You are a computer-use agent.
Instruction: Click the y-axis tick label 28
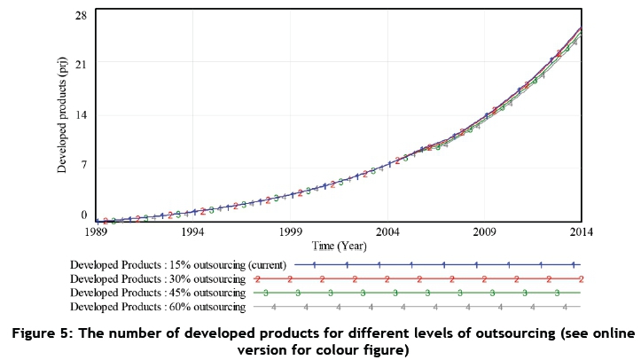(x=82, y=16)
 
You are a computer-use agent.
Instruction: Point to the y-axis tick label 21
(x=82, y=64)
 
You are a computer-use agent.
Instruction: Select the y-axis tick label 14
(x=82, y=114)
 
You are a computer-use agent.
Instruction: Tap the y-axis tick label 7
(x=84, y=165)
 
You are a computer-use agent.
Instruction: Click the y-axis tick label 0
(x=84, y=215)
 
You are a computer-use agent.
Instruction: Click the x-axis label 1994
(x=193, y=231)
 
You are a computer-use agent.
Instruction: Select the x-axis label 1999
(x=291, y=231)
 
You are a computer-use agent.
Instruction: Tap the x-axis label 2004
(x=387, y=231)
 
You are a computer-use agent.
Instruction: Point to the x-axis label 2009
(x=484, y=231)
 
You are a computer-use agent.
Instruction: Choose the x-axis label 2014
(x=582, y=231)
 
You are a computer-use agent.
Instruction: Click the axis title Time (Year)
(x=340, y=246)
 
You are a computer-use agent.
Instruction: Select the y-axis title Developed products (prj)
(x=62, y=114)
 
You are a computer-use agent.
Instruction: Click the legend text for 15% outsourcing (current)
(x=178, y=265)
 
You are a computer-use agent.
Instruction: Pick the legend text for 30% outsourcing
(x=158, y=279)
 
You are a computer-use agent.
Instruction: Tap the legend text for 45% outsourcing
(x=158, y=293)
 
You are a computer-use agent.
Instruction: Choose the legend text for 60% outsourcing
(x=158, y=307)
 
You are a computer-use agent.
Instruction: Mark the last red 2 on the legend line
(x=581, y=279)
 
